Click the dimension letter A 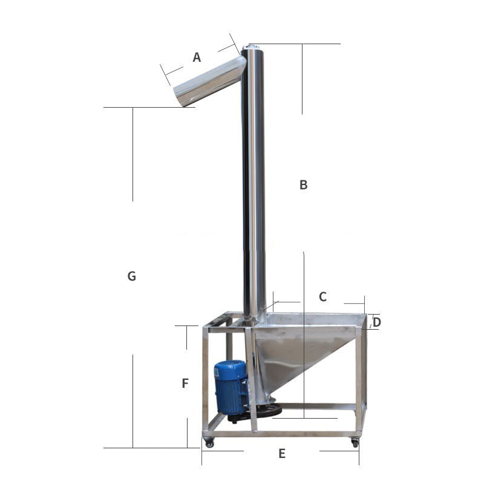pos(197,57)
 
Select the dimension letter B pos(304,185)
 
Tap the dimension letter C pos(322,296)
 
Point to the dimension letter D pos(376,322)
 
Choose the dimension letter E pos(281,453)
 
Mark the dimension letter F pos(185,383)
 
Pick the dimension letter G pos(132,276)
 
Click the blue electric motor pos(232,387)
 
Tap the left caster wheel pos(209,443)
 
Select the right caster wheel pos(355,443)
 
